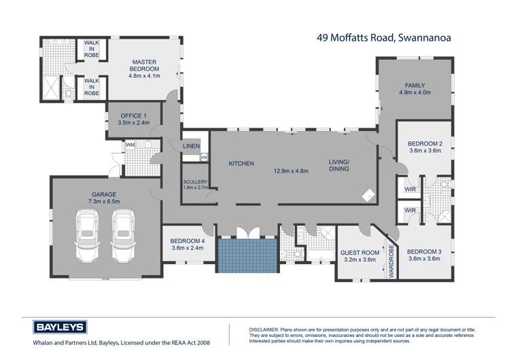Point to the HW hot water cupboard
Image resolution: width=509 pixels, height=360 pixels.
(203, 158)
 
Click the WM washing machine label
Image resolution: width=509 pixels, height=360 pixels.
(130, 144)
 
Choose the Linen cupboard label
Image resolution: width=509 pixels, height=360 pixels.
(191, 145)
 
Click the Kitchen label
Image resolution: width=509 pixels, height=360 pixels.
(241, 164)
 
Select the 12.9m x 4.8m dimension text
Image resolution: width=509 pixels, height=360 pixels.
(291, 170)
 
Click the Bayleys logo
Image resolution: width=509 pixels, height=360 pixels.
(56, 327)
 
